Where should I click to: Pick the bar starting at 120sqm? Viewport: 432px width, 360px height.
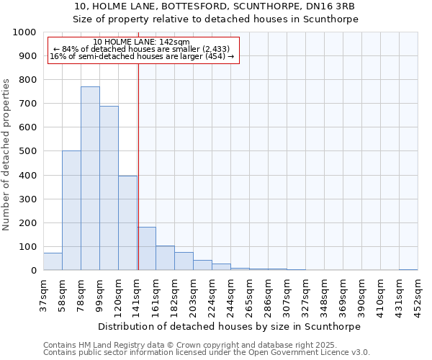(127, 223)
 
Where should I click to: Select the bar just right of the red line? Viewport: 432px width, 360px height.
(146, 249)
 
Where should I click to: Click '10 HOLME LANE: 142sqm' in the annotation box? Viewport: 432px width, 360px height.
(142, 42)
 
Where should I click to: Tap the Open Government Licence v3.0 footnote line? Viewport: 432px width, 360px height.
(207, 352)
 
